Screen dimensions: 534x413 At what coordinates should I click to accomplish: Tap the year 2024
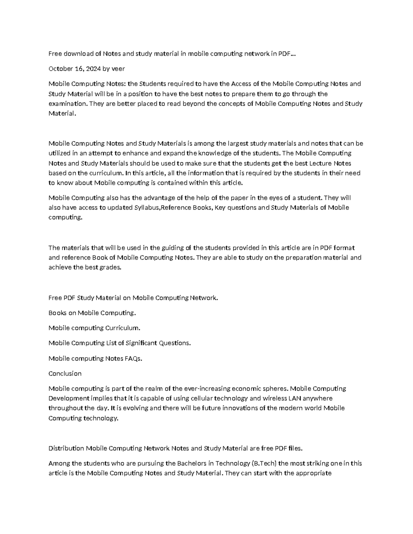pyautogui.click(x=93, y=69)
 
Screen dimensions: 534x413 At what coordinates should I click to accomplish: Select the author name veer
pyautogui.click(x=118, y=69)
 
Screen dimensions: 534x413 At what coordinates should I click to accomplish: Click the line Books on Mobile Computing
pyautogui.click(x=92, y=313)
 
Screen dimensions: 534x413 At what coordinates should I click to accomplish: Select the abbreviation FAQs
pyautogui.click(x=133, y=359)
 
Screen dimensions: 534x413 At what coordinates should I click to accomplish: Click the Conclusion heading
pyautogui.click(x=65, y=374)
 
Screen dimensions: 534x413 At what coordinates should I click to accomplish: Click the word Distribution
pyautogui.click(x=66, y=448)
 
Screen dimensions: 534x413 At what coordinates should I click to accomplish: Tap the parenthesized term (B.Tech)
pyautogui.click(x=264, y=464)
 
